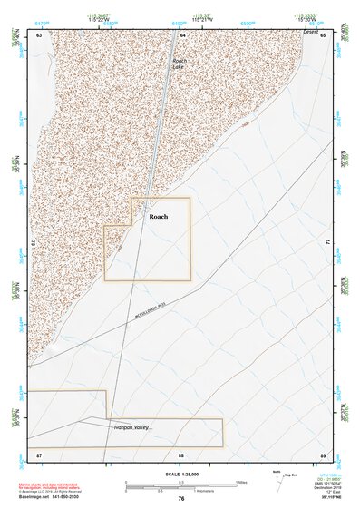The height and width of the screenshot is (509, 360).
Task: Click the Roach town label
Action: click(x=159, y=217)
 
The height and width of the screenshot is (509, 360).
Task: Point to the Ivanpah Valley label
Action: click(x=131, y=426)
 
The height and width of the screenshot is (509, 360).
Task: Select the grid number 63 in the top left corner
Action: click(x=39, y=34)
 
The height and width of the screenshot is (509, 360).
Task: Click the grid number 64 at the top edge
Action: click(x=182, y=34)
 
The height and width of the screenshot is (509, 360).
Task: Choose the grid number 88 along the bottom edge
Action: click(x=181, y=454)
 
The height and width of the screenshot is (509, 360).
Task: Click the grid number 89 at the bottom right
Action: click(x=323, y=454)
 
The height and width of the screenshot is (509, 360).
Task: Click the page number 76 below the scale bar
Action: click(x=181, y=499)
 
